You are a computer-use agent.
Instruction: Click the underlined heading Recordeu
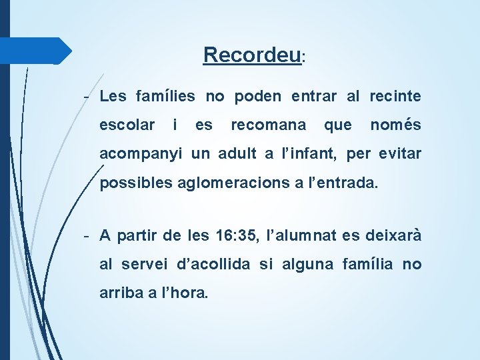pos(253,55)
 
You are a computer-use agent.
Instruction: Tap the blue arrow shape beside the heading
pos(37,51)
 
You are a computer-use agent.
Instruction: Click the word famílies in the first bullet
pos(165,97)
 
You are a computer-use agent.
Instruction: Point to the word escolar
pos(127,125)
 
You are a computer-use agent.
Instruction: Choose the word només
pos(395,125)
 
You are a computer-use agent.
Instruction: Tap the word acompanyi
pos(142,155)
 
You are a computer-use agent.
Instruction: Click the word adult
pos(237,154)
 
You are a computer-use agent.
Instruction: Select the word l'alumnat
pos(303,235)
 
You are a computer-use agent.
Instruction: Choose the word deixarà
pos(393,235)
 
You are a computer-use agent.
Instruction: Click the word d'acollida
pos(213,265)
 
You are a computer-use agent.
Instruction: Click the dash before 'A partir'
pos(87,236)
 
